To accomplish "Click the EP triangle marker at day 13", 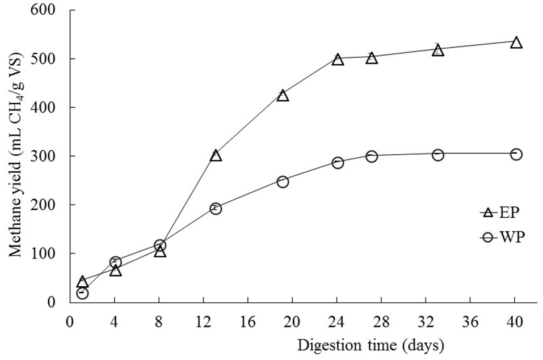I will point(216,156).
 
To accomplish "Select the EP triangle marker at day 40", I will point(516,43).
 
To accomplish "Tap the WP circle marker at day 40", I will point(516,154).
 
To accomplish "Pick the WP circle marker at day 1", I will point(82,293).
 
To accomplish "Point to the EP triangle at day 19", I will point(283,96).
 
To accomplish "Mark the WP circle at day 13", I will point(216,209).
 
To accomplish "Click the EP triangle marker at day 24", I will point(338,60).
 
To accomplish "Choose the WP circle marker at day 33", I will point(437,155).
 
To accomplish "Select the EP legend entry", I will point(499,213).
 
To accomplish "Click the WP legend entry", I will point(500,238).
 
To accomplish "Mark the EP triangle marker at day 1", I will point(82,282).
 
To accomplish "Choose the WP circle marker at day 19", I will point(283,181).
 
